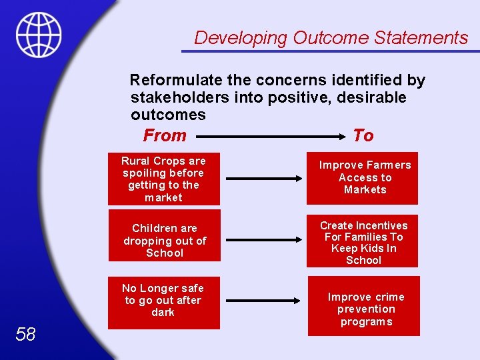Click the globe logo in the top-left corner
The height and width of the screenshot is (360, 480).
point(39,35)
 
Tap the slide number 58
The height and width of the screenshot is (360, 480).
point(25,334)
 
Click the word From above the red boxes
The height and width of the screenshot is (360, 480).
point(165,135)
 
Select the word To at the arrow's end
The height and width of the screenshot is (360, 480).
point(363,135)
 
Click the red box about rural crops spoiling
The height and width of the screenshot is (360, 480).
point(163,179)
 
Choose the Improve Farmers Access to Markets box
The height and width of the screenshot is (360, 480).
point(363,177)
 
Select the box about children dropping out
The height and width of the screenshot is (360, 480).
point(164,241)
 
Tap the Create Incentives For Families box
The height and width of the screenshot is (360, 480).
point(363,242)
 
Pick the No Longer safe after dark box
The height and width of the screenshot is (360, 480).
point(163,302)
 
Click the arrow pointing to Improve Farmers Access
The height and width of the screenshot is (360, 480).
point(265,179)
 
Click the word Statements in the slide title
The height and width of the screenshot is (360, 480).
point(421,37)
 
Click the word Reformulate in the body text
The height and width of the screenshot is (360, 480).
point(176,81)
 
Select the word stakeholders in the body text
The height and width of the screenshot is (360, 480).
point(175,98)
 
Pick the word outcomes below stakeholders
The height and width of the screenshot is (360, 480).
point(168,115)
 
